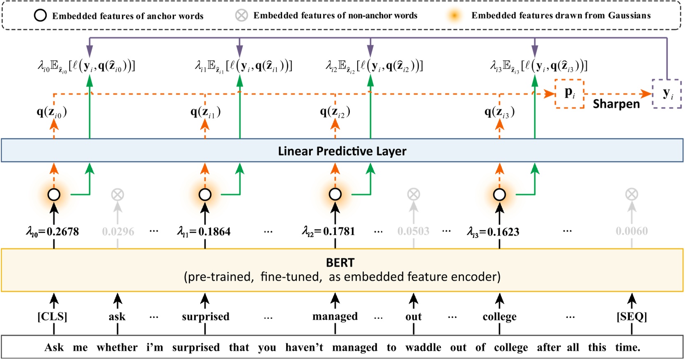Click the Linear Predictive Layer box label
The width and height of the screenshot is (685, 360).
click(342, 151)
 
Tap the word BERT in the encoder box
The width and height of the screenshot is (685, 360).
click(340, 262)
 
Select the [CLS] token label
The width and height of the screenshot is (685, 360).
click(52, 316)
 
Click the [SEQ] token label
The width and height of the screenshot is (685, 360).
click(631, 316)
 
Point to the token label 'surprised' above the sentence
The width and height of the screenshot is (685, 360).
click(205, 316)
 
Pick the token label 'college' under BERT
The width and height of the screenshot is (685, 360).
click(499, 316)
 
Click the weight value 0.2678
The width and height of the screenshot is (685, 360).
click(62, 232)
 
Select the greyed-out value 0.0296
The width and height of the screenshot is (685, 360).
click(118, 232)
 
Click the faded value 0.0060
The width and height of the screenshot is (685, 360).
click(631, 231)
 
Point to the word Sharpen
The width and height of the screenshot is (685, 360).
click(616, 104)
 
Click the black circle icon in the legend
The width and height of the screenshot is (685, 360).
click(40, 16)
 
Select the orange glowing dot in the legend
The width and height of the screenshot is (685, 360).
click(454, 16)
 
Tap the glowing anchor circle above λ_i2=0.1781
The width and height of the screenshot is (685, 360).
click(335, 194)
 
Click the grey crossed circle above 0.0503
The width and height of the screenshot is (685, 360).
click(414, 195)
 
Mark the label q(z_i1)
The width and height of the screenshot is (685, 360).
click(205, 112)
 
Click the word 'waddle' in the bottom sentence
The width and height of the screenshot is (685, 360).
click(423, 347)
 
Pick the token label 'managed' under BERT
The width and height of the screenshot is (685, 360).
click(335, 316)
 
